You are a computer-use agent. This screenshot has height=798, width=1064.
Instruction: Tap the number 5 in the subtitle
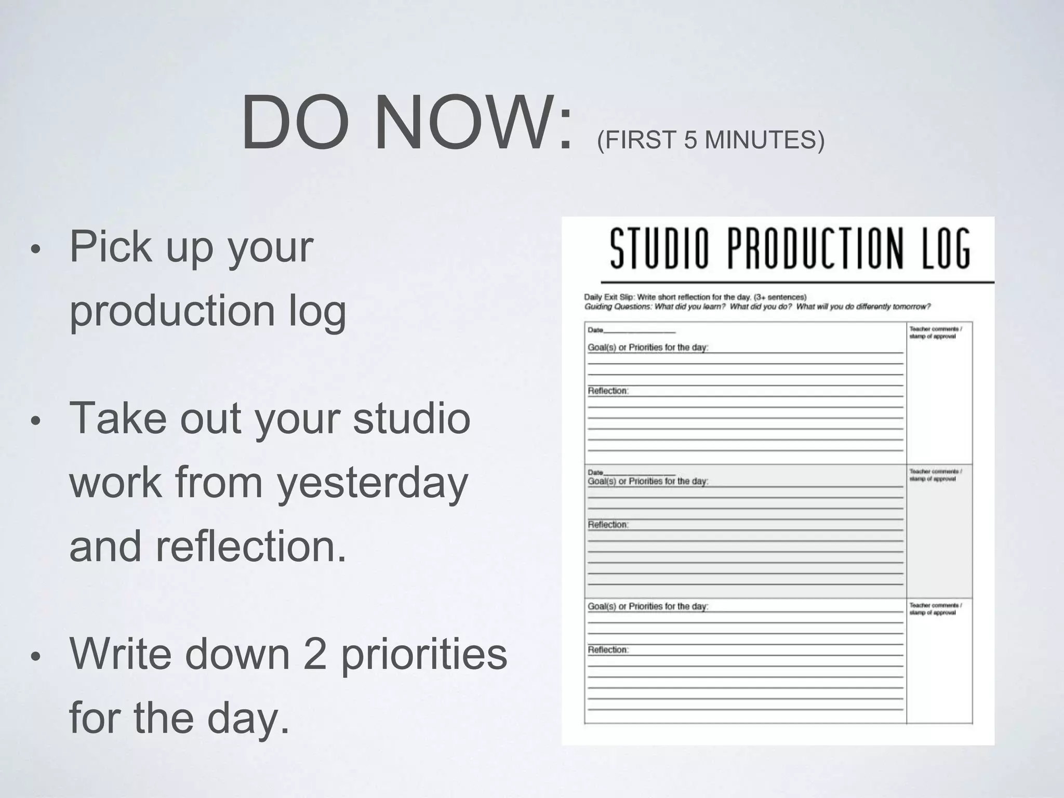tap(690, 140)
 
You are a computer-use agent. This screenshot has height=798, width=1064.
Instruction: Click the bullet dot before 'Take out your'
tap(35, 421)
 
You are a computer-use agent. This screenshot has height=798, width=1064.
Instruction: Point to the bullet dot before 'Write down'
tap(35, 657)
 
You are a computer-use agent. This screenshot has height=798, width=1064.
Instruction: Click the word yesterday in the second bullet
tap(372, 483)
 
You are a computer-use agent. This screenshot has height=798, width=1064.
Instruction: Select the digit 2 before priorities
tap(315, 654)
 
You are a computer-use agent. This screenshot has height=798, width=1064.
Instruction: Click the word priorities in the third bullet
tap(424, 654)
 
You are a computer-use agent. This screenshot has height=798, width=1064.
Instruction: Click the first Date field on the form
tap(631, 330)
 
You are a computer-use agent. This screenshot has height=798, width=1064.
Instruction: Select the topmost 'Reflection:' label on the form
tap(608, 391)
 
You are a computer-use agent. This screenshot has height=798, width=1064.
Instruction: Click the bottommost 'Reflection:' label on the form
tap(608, 649)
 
